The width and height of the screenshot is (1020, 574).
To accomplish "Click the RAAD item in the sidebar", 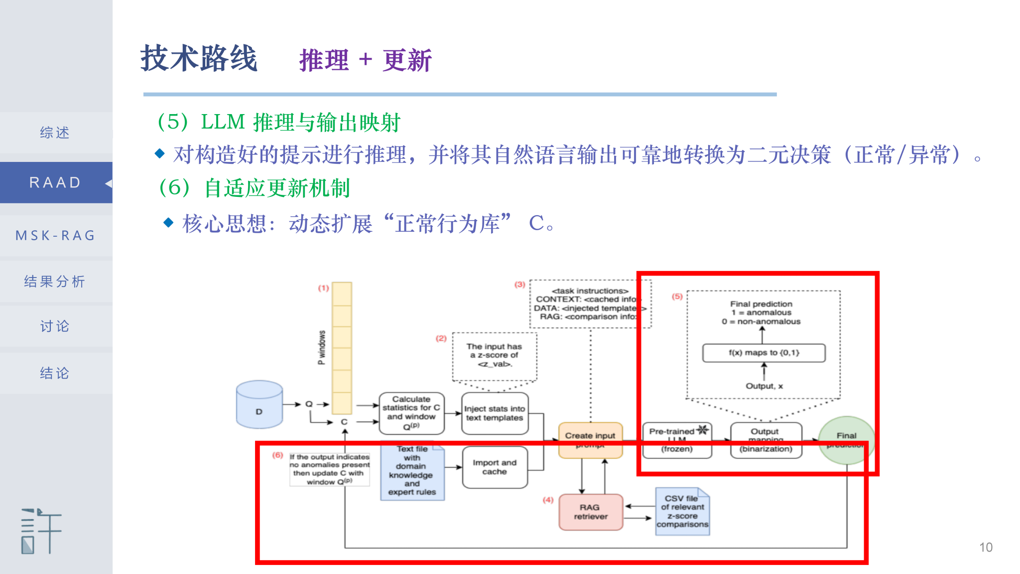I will (55, 182).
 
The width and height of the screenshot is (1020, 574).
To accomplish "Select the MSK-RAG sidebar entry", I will (55, 235).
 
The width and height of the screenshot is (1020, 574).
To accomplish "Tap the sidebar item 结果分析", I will (55, 282).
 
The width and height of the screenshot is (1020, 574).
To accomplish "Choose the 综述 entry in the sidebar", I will (55, 133).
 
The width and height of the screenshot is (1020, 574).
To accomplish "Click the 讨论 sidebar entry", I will (55, 326).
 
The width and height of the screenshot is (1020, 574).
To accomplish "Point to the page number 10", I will (986, 547).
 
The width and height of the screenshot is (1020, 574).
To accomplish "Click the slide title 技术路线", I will (199, 59).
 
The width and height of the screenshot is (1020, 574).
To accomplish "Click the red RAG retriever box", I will (591, 512).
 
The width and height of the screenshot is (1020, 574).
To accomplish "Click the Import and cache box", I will (495, 467).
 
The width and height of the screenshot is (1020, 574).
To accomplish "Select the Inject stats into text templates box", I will (495, 413).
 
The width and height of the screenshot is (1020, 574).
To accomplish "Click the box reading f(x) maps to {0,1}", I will (764, 353).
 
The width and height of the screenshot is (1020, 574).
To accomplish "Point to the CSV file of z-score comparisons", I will (682, 512).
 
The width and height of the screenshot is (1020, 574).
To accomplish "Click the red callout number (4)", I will (548, 499).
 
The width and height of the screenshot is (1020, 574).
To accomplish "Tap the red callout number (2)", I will (441, 338).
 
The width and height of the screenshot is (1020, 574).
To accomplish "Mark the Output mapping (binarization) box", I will (765, 439).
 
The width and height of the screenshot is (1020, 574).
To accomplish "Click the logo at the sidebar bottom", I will (41, 531).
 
